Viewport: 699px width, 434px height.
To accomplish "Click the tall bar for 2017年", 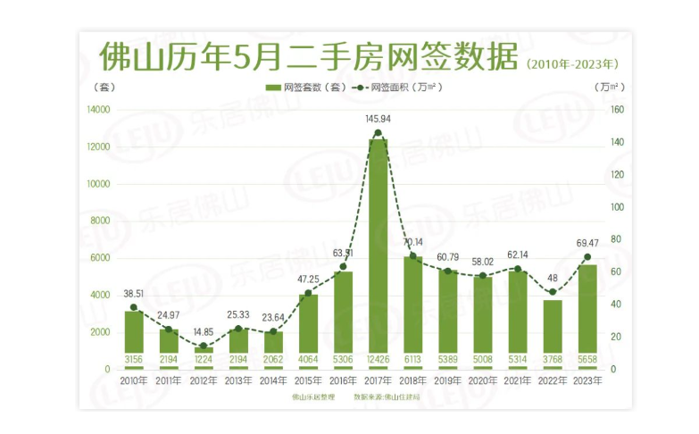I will [x=379, y=250].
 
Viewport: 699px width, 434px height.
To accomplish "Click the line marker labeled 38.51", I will [x=134, y=307].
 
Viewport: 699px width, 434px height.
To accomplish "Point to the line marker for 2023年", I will [x=587, y=257].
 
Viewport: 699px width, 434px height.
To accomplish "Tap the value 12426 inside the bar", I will [x=379, y=359].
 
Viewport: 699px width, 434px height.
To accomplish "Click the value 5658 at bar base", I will [x=587, y=359].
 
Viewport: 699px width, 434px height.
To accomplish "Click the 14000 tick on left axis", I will [x=98, y=110].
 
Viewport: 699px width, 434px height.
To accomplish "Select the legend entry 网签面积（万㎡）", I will [x=400, y=88].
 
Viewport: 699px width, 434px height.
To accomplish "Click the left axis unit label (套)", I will [x=104, y=88].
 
